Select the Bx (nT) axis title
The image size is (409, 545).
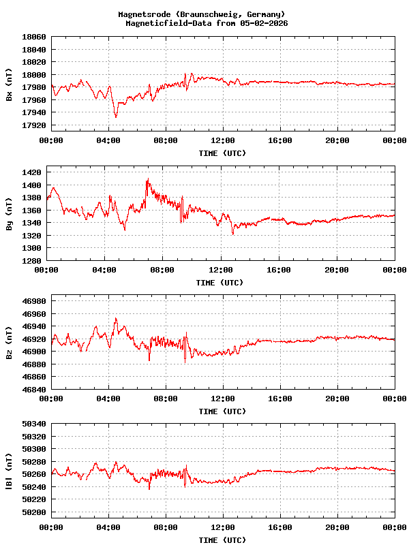tap(9, 86)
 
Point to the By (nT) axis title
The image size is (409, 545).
tap(9, 216)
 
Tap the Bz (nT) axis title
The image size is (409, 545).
tap(9, 344)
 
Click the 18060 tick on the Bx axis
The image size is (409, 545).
tap(34, 37)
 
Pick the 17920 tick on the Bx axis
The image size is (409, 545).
tap(34, 126)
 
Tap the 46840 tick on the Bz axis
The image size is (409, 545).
tap(34, 390)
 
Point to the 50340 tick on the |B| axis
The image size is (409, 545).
tap(34, 424)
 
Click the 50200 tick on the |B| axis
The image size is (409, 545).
tap(34, 512)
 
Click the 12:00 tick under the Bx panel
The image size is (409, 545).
tap(223, 140)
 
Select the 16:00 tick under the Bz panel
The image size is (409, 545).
tap(280, 399)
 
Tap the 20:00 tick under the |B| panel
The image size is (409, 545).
tap(337, 527)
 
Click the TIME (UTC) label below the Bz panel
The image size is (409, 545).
tap(222, 411)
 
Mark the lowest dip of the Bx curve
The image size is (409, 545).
tap(116, 117)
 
